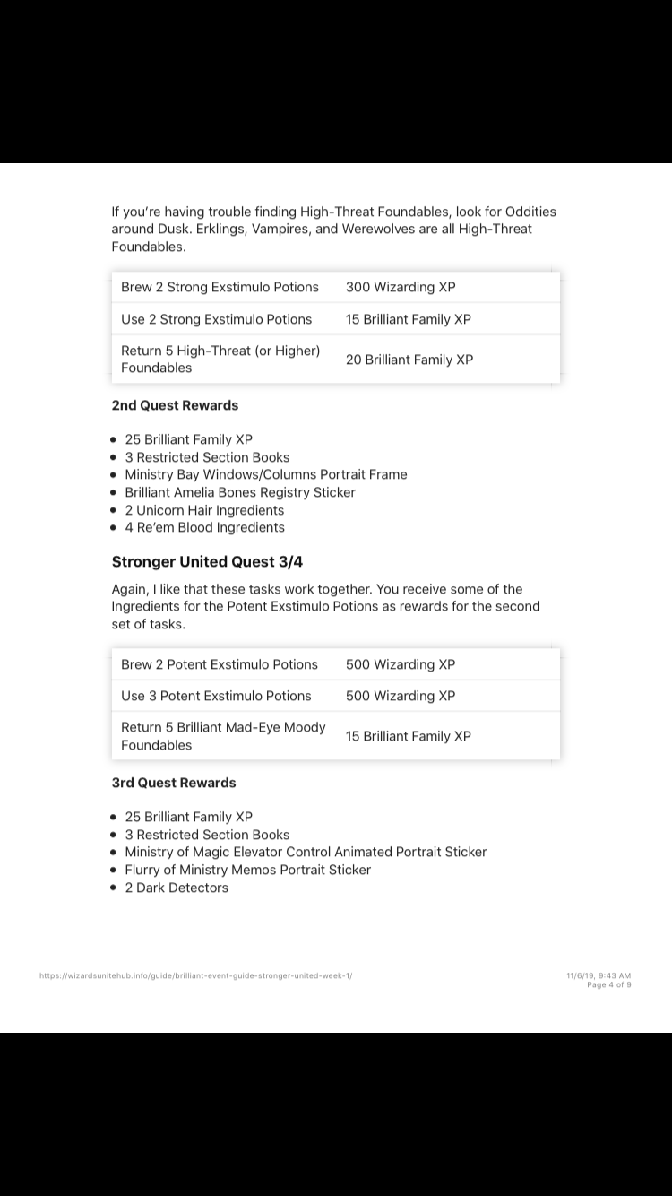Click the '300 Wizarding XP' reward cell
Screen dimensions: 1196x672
click(x=401, y=287)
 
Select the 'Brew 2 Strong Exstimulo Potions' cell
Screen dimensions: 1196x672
click(x=220, y=287)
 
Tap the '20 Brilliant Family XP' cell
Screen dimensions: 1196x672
click(x=409, y=360)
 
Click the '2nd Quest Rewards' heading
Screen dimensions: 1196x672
click(x=175, y=405)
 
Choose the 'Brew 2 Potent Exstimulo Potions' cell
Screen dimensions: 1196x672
click(x=220, y=664)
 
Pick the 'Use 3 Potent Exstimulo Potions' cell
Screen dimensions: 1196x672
click(x=216, y=696)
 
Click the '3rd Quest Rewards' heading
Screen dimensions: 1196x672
click(x=174, y=783)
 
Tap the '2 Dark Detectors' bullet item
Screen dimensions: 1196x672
click(x=177, y=888)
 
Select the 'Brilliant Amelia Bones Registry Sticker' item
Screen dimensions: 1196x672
click(x=240, y=492)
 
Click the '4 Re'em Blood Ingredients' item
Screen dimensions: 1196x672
click(x=204, y=527)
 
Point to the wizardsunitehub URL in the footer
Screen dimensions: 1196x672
click(x=196, y=975)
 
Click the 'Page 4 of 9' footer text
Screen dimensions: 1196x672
click(x=609, y=984)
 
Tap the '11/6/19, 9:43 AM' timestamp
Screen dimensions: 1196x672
click(x=599, y=975)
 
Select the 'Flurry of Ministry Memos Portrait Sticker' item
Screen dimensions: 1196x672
click(x=247, y=870)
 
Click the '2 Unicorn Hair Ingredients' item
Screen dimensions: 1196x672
click(x=204, y=510)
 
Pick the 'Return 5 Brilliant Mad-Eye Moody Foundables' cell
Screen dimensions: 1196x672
click(x=223, y=736)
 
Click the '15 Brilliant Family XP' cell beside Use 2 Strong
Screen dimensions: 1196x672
click(x=409, y=319)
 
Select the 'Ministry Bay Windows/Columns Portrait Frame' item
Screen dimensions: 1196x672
click(x=266, y=474)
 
